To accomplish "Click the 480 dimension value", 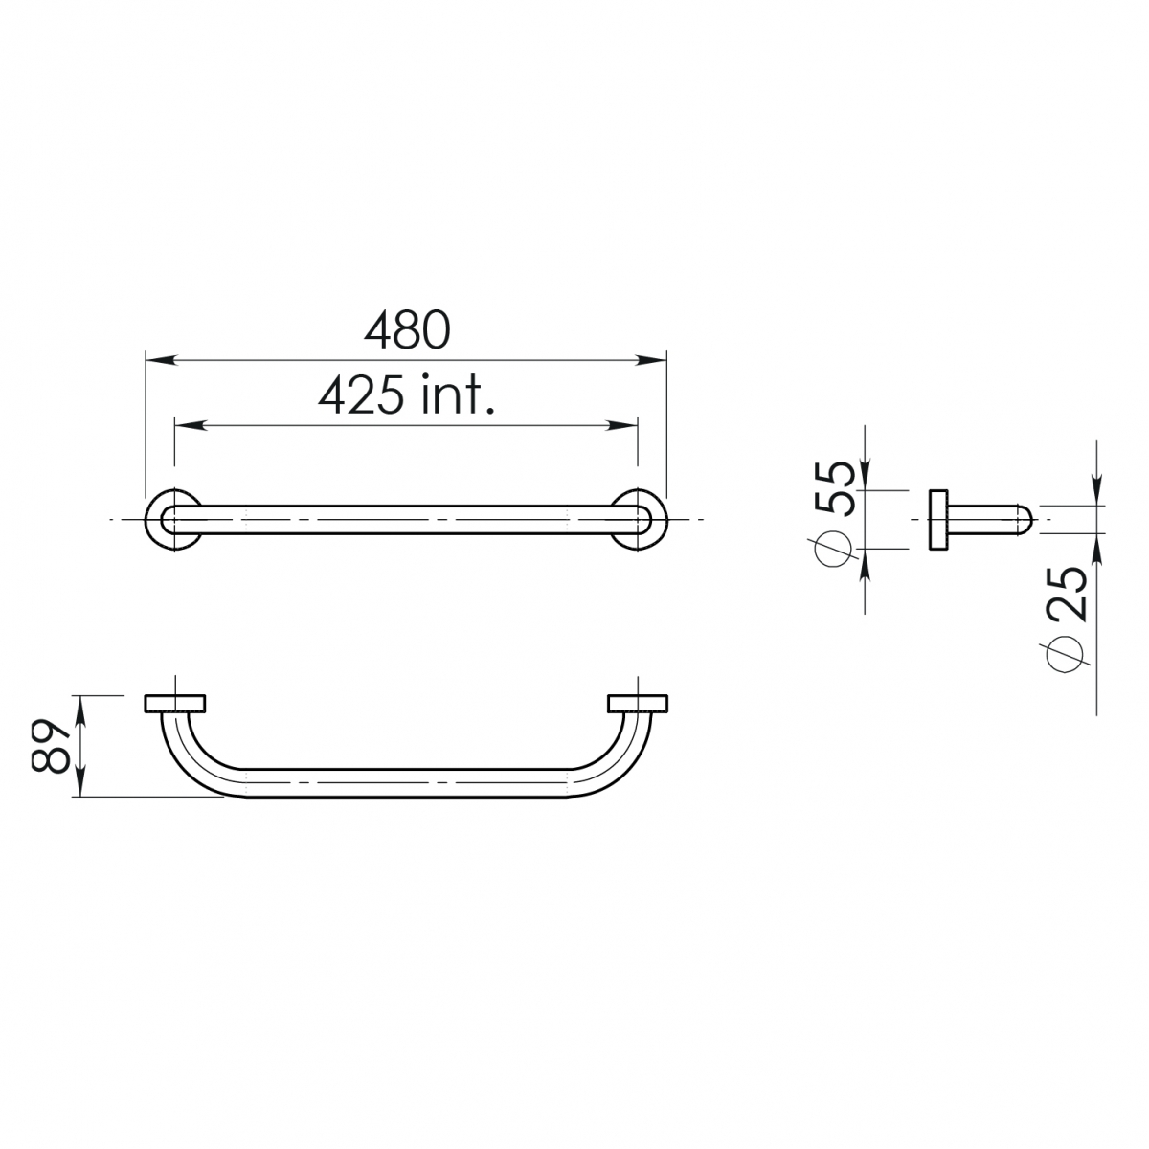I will (406, 329).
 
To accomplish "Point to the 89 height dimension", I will (50, 746).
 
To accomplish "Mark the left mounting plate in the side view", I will (174, 704).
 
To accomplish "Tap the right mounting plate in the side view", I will (638, 704).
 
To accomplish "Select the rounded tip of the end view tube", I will (1025, 520).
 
